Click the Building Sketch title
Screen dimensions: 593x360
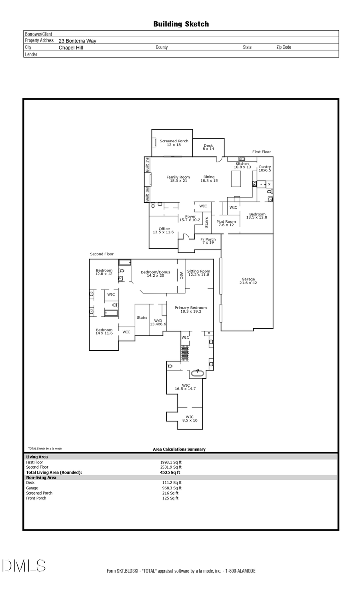pyautogui.click(x=181, y=24)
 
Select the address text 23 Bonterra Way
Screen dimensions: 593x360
pyautogui.click(x=77, y=41)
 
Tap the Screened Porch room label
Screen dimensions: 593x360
pyautogui.click(x=174, y=143)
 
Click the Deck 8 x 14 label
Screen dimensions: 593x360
pyautogui.click(x=208, y=147)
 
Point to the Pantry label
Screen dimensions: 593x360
pyautogui.click(x=265, y=168)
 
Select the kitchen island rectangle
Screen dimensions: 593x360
pyautogui.click(x=236, y=179)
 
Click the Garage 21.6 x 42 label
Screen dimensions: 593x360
pyautogui.click(x=248, y=281)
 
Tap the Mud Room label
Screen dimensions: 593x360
pyautogui.click(x=226, y=223)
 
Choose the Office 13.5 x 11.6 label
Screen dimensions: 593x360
pyautogui.click(x=164, y=230)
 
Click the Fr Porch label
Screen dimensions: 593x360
pyautogui.click(x=208, y=241)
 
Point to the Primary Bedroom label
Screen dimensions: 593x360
pyautogui.click(x=190, y=309)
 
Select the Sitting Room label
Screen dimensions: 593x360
pyautogui.click(x=198, y=273)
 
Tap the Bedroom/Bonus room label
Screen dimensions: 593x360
pyautogui.click(x=155, y=274)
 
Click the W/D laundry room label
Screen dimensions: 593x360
pyautogui.click(x=158, y=322)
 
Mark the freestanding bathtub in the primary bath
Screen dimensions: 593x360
pyautogui.click(x=197, y=373)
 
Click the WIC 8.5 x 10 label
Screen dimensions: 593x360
pyautogui.click(x=190, y=418)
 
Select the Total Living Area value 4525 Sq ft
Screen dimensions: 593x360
pyautogui.click(x=170, y=472)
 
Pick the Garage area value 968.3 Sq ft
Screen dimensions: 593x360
pyautogui.click(x=172, y=488)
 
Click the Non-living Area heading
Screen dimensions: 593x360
pyautogui.click(x=41, y=477)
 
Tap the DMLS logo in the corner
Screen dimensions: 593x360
pyautogui.click(x=24, y=565)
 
